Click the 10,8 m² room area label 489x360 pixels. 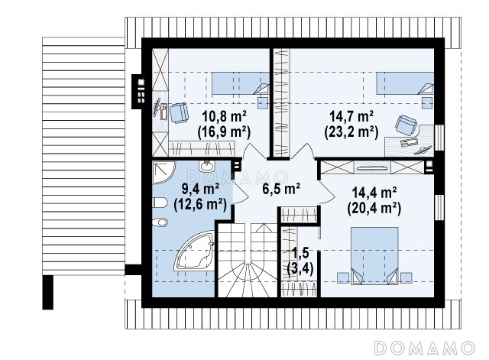pyautogui.click(x=225, y=117)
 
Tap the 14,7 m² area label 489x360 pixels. pyautogui.click(x=352, y=117)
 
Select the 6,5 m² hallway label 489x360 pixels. pyautogui.click(x=281, y=189)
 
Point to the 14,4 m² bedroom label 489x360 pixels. pyautogui.click(x=374, y=193)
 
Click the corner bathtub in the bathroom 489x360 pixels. pyautogui.click(x=195, y=251)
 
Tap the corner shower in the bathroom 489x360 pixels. pyautogui.click(x=164, y=172)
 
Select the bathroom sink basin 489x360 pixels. pyautogui.click(x=206, y=166)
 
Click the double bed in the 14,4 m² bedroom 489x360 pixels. pyautogui.click(x=374, y=256)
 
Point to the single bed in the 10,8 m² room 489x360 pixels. pyautogui.click(x=241, y=83)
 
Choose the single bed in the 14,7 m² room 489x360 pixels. pyautogui.click(x=405, y=83)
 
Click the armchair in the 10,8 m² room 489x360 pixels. pyautogui.click(x=179, y=112)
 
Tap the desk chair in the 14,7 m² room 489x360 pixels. pyautogui.click(x=406, y=125)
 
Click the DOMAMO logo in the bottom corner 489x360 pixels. pyautogui.click(x=425, y=348)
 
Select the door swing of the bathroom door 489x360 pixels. pyautogui.click(x=241, y=192)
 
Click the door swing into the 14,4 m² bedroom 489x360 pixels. pyautogui.click(x=326, y=192)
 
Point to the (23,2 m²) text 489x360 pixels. pyautogui.click(x=351, y=132)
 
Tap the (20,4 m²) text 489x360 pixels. pyautogui.click(x=374, y=208)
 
